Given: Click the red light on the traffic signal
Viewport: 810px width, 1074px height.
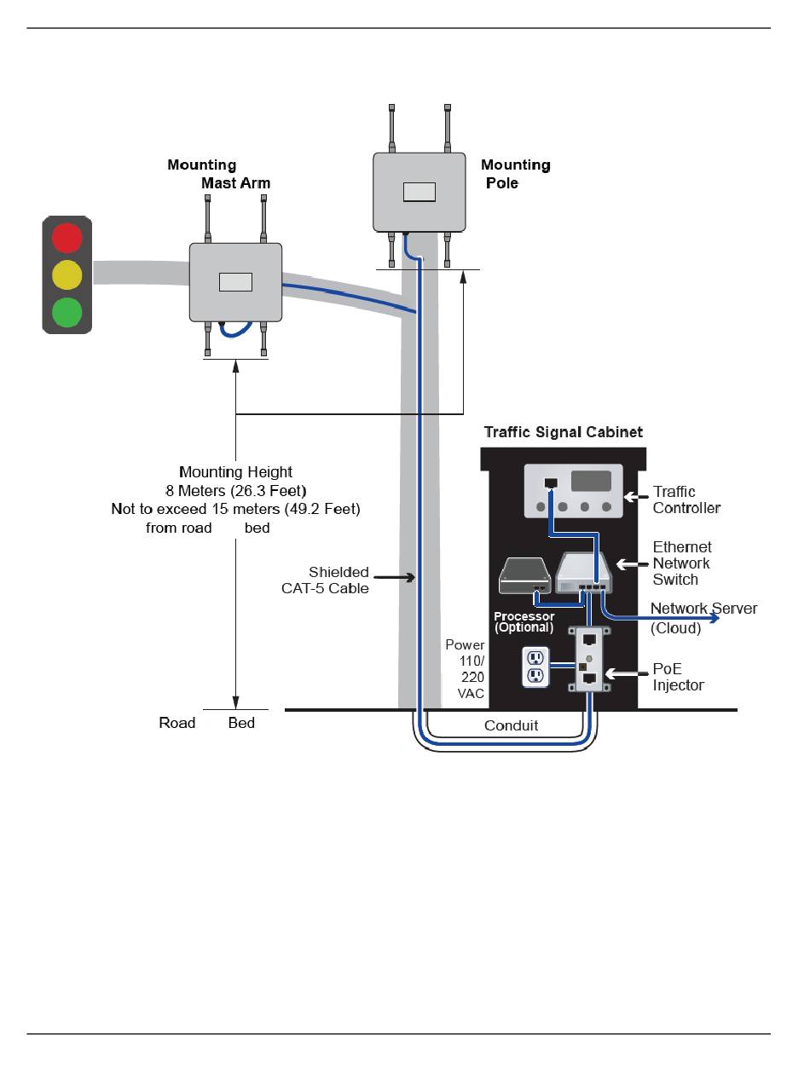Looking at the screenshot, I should tap(67, 238).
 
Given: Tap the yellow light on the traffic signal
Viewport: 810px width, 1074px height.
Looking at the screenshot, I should tap(67, 275).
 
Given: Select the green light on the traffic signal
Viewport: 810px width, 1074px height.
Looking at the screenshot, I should tap(67, 312).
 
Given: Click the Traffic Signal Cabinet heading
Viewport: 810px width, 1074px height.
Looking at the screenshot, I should tap(564, 432).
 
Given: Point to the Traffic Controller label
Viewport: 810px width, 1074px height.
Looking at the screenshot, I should tap(686, 499).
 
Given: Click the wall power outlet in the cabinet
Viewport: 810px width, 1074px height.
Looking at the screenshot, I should tap(535, 667).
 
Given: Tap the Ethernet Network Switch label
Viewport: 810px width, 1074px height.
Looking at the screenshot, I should tap(681, 563).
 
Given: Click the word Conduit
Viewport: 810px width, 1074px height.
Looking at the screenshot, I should tap(512, 726).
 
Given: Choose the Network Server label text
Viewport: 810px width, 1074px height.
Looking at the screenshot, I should tap(703, 609).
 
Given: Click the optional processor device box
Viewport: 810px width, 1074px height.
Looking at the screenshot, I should tap(524, 577).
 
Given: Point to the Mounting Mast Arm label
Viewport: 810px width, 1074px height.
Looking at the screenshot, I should tap(219, 174).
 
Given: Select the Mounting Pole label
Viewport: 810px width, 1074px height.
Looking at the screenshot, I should tap(515, 174).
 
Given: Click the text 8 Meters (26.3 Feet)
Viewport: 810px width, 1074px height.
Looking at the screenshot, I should tap(235, 490).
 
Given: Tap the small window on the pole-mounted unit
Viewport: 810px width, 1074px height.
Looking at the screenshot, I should tap(419, 192).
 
